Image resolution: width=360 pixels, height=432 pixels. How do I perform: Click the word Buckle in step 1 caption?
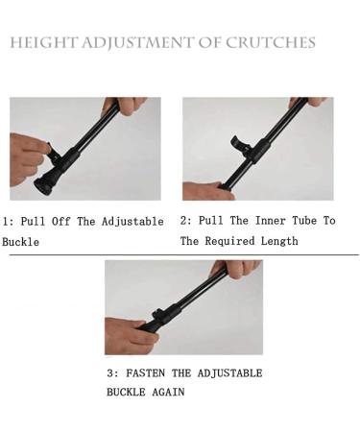click(20, 242)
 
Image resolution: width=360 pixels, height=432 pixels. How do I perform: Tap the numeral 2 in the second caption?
click(184, 221)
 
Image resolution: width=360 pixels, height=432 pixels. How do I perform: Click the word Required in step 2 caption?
click(233, 241)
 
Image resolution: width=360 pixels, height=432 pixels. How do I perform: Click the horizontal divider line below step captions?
click(180, 254)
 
